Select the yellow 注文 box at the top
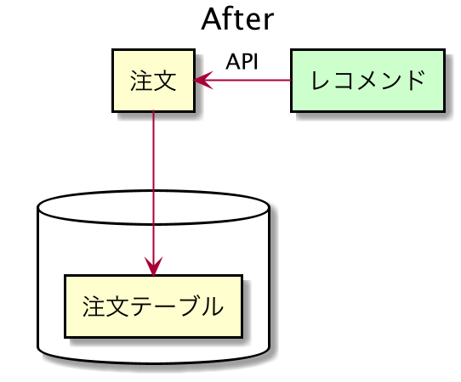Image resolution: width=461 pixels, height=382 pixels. tap(153, 81)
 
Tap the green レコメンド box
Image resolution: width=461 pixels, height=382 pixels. tap(367, 81)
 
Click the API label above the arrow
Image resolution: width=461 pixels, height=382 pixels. tap(242, 62)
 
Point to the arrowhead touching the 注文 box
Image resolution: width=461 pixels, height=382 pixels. tap(202, 80)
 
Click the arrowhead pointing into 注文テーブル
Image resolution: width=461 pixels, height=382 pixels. tap(153, 267)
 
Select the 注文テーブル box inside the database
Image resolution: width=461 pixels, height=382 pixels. tap(153, 306)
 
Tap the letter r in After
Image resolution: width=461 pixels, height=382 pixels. tap(269, 22)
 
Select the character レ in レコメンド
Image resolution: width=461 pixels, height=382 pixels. tap(321, 81)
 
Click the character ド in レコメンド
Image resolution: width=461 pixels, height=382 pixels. tap(414, 80)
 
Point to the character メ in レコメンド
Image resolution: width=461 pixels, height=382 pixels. tap(367, 81)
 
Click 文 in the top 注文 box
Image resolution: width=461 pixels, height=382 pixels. tap(165, 81)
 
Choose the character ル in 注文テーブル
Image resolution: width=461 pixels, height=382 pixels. tap(212, 306)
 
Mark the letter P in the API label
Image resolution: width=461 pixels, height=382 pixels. tap(246, 62)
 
